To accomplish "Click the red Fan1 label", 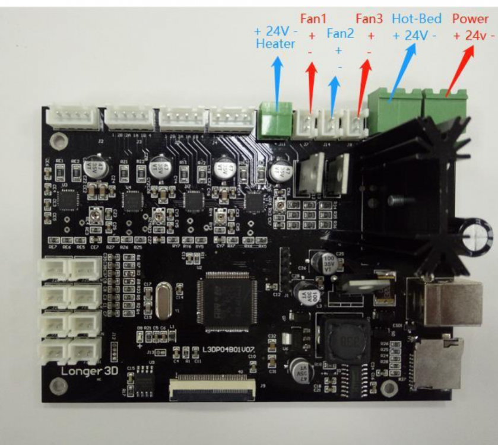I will (x=312, y=18).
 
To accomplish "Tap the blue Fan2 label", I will (x=340, y=34).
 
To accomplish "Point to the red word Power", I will (x=471, y=18).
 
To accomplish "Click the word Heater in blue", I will (x=275, y=44).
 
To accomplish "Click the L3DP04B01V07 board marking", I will (x=229, y=351).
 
